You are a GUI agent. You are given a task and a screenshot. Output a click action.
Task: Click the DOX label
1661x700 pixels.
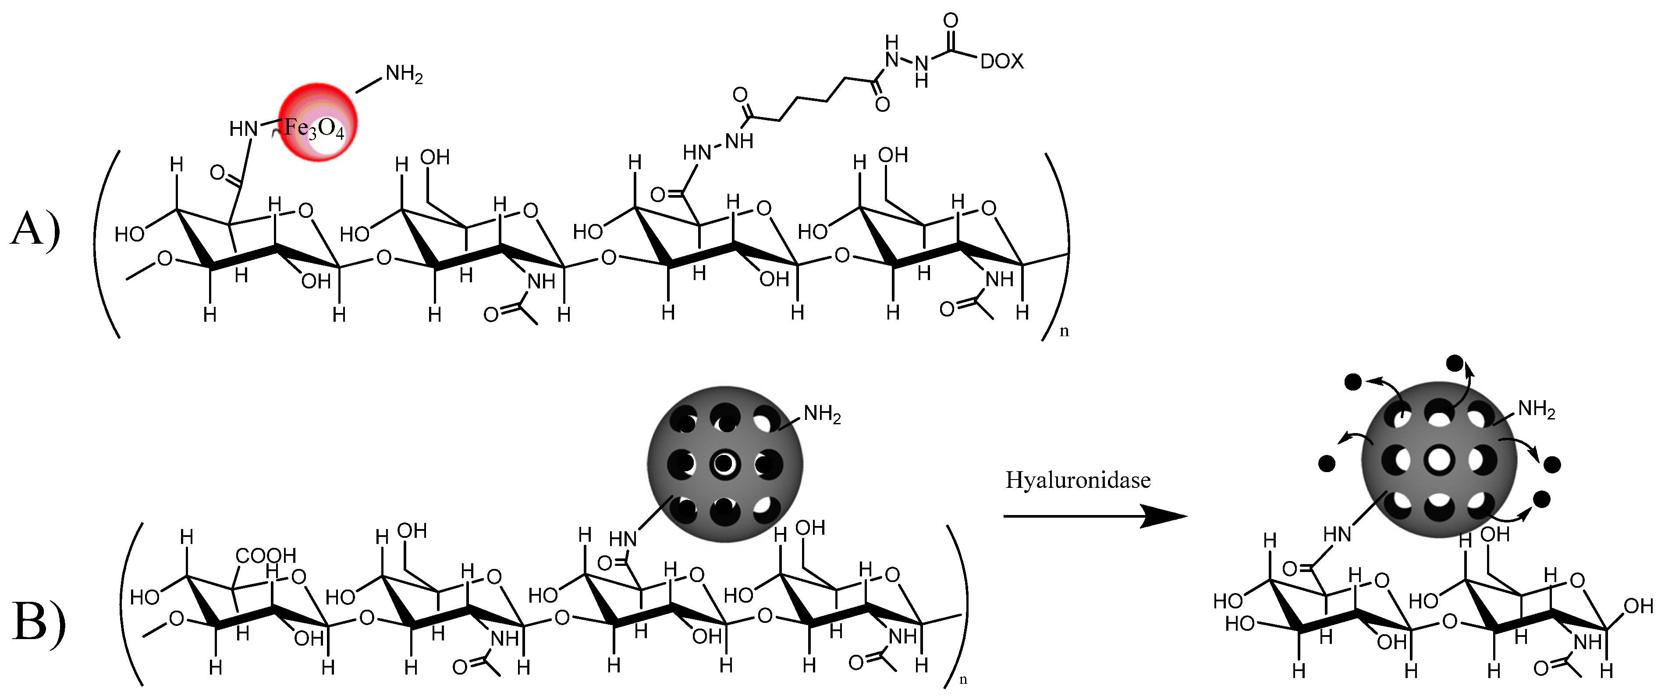tap(1001, 61)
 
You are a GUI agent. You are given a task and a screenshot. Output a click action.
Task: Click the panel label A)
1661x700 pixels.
tap(35, 229)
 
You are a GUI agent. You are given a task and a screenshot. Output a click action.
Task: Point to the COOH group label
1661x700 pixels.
tap(265, 555)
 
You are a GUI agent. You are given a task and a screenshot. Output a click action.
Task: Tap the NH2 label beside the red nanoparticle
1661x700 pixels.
tap(404, 75)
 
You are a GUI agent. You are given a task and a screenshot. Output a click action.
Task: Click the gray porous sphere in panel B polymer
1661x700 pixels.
tap(725, 464)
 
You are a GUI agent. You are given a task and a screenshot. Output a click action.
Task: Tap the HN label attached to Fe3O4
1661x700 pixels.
tap(244, 129)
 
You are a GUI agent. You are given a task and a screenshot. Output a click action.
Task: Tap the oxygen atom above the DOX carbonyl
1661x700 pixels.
tap(951, 21)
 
